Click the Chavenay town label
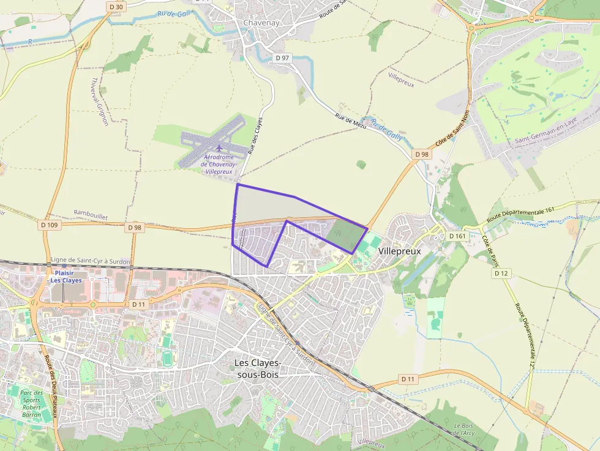(x=261, y=23)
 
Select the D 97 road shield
(x=282, y=58)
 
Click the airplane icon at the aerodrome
(x=219, y=147)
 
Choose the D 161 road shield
(x=457, y=236)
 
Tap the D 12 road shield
(x=501, y=273)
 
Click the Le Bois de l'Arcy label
(x=463, y=429)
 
